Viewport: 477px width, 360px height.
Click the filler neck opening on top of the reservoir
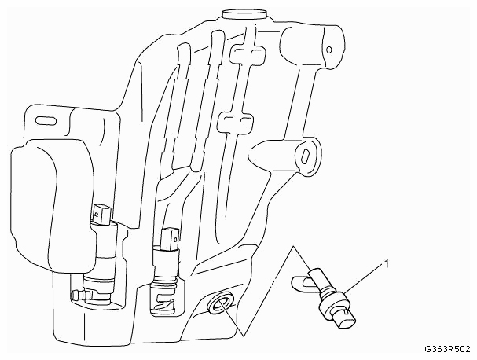point(244,14)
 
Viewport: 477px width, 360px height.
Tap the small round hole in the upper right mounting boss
point(328,50)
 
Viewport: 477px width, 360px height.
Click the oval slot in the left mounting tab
point(46,121)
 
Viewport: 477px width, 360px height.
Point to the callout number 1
point(387,264)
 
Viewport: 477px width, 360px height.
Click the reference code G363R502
point(447,349)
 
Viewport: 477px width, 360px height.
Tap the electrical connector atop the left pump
point(102,214)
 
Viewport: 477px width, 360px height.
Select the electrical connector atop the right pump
point(170,239)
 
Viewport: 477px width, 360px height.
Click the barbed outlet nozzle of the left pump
point(79,295)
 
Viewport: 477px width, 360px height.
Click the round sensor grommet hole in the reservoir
point(221,303)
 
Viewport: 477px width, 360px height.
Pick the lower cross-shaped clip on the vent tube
point(236,122)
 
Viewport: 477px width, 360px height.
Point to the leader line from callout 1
point(364,279)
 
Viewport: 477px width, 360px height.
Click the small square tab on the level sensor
point(346,311)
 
